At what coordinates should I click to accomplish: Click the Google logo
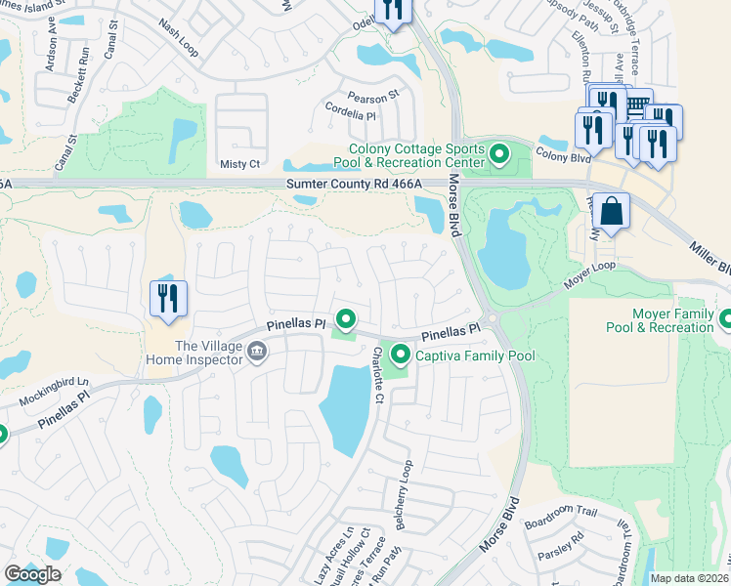33,574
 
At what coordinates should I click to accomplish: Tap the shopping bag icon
611,212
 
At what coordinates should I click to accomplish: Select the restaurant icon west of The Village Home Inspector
168,299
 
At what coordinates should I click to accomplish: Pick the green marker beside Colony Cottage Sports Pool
499,154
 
